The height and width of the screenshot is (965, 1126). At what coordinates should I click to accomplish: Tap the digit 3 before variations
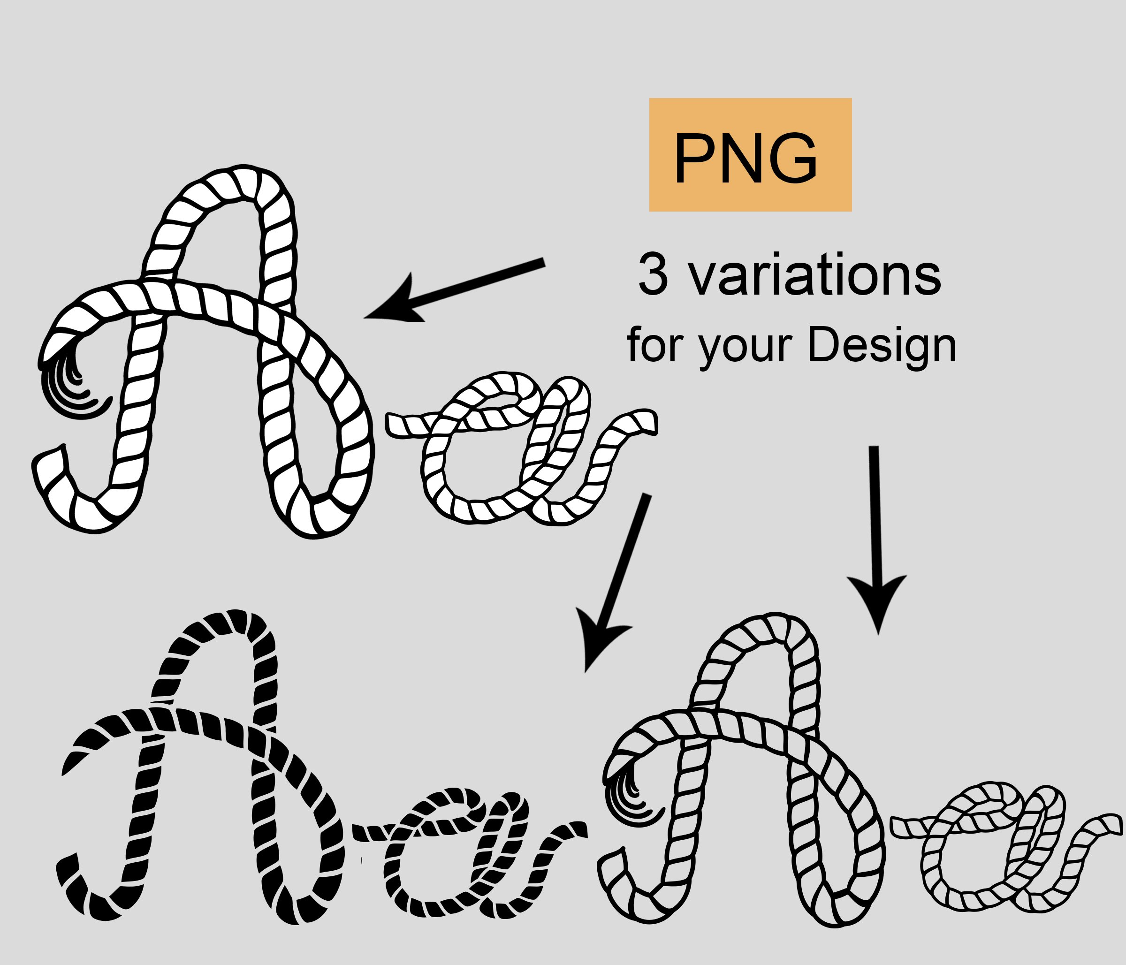click(x=653, y=274)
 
